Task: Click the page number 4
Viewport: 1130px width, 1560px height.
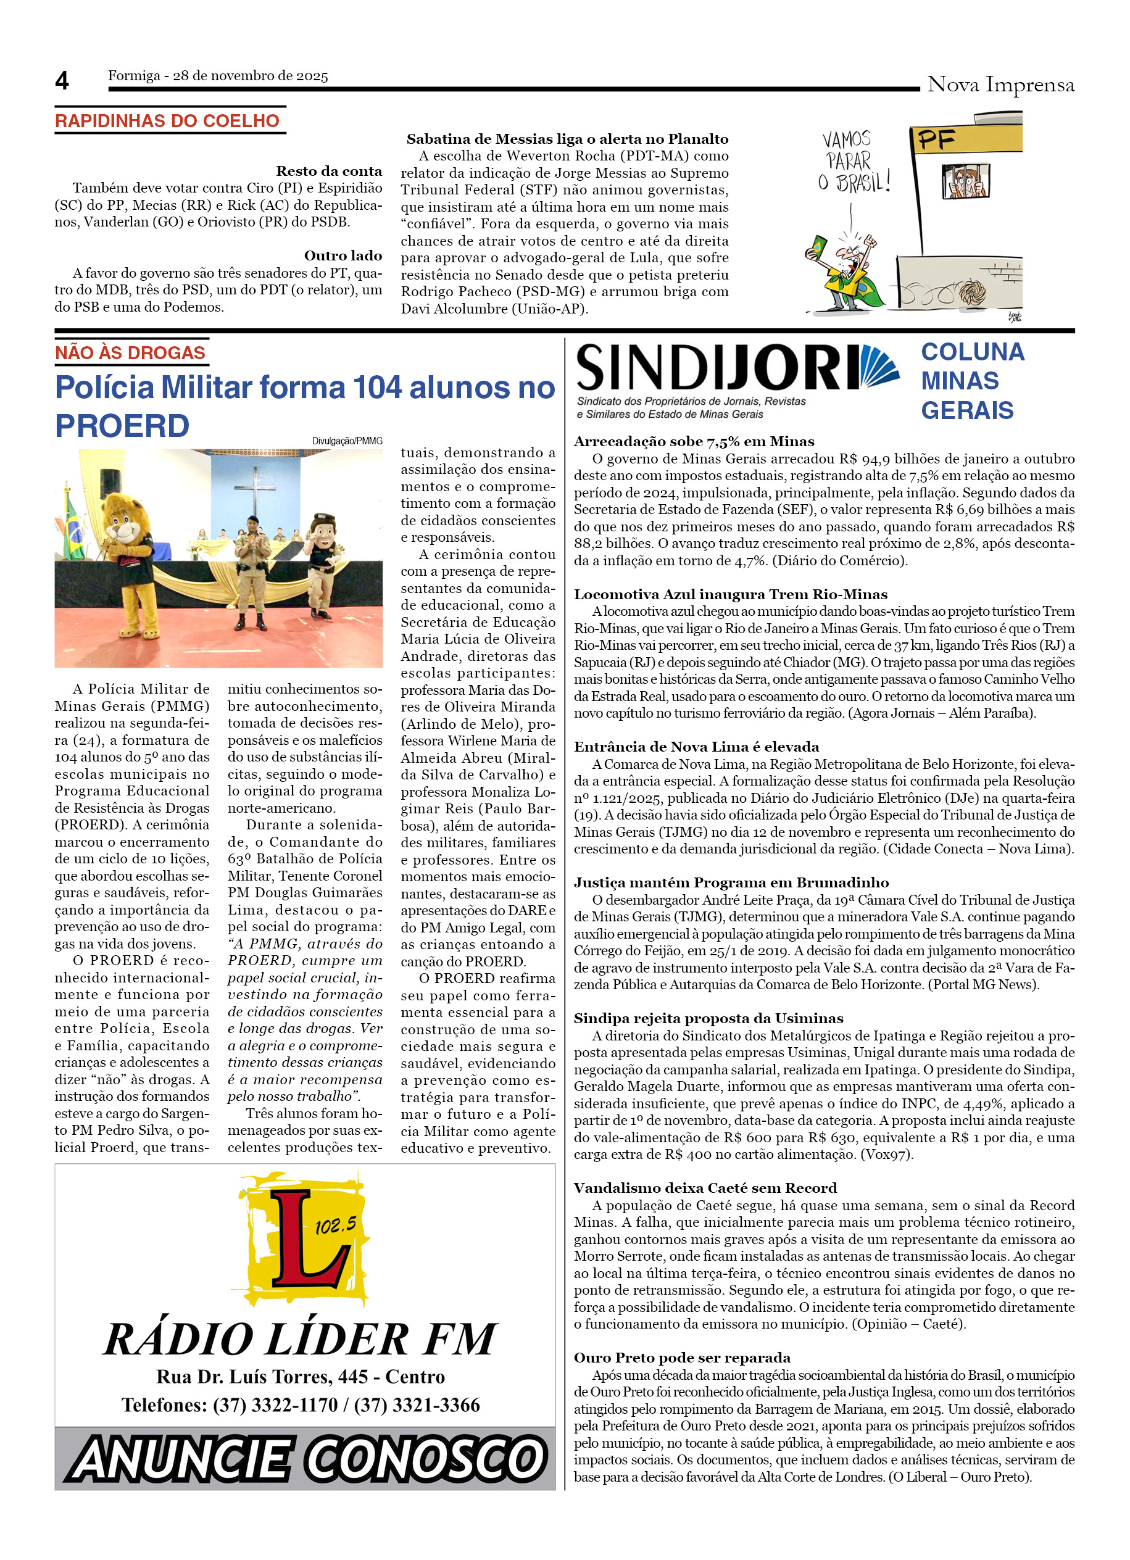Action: [62, 81]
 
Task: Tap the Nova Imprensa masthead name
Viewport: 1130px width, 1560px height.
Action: [1000, 85]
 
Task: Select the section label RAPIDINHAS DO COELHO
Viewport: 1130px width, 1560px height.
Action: [167, 121]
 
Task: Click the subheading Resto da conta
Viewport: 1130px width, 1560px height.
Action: [329, 172]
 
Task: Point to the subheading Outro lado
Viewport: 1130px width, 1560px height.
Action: [343, 256]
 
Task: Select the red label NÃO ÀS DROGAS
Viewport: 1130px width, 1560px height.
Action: [130, 353]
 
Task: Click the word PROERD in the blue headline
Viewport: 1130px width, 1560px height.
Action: [122, 426]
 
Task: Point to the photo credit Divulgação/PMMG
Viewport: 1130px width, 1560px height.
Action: [347, 441]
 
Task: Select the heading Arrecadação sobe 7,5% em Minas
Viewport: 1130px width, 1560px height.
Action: [693, 442]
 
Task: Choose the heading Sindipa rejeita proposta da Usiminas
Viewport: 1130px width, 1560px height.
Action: [708, 1018]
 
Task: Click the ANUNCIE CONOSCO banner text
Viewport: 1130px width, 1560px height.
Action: [305, 1458]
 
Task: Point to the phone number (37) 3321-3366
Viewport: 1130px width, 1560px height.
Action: [417, 1405]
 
